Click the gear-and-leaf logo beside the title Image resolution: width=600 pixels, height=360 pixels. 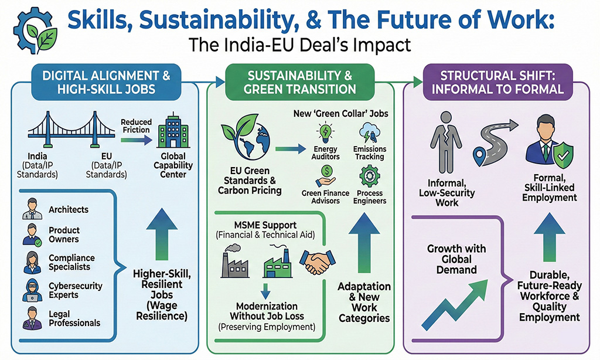(x=35, y=30)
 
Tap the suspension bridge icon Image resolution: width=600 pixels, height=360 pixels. (x=71, y=130)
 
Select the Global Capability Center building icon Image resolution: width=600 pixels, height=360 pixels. (x=173, y=130)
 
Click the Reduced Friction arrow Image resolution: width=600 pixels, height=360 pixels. (x=136, y=141)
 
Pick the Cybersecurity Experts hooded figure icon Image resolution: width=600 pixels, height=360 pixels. (x=33, y=290)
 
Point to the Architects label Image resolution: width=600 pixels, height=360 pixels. (x=69, y=209)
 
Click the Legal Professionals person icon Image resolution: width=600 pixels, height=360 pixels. (x=33, y=318)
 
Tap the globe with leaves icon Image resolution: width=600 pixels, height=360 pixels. (x=246, y=137)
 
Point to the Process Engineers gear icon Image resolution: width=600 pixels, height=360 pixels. (x=369, y=176)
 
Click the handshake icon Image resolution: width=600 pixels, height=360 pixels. (x=317, y=261)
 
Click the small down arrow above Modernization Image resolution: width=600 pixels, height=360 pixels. (x=265, y=291)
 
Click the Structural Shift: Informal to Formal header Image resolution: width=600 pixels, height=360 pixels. (x=498, y=82)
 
